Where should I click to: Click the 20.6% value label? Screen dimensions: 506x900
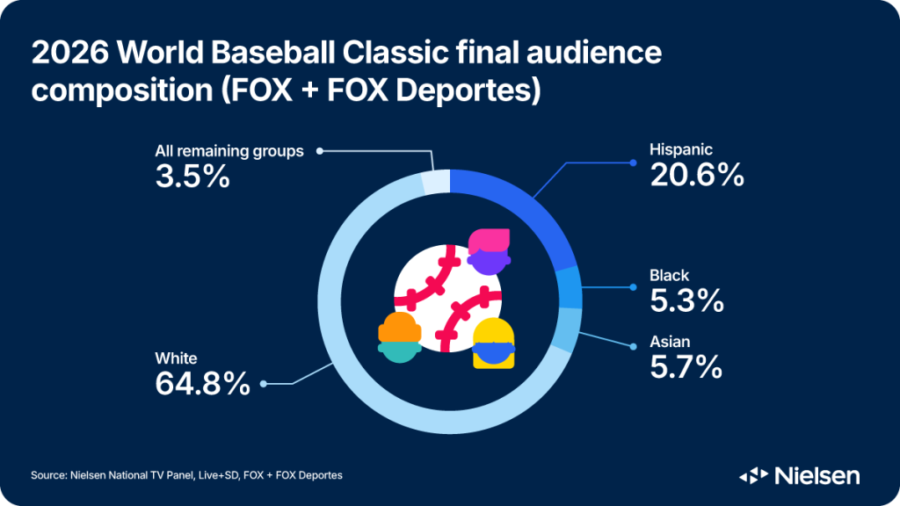(x=697, y=176)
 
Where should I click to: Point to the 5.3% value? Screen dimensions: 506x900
(x=686, y=300)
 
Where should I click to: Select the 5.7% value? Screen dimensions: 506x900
(x=686, y=366)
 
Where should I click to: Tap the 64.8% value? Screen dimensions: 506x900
(x=202, y=384)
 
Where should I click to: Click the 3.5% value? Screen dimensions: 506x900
(x=192, y=177)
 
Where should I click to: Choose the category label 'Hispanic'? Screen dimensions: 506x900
(x=681, y=150)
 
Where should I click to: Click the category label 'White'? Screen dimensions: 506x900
(x=176, y=358)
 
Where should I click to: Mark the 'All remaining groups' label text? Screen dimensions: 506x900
(x=229, y=151)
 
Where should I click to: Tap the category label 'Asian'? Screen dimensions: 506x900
(x=670, y=341)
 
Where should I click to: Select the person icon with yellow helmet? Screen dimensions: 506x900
(x=493, y=343)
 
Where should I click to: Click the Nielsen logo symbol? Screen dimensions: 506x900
(x=754, y=476)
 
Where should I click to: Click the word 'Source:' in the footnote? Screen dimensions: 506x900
(x=49, y=475)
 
